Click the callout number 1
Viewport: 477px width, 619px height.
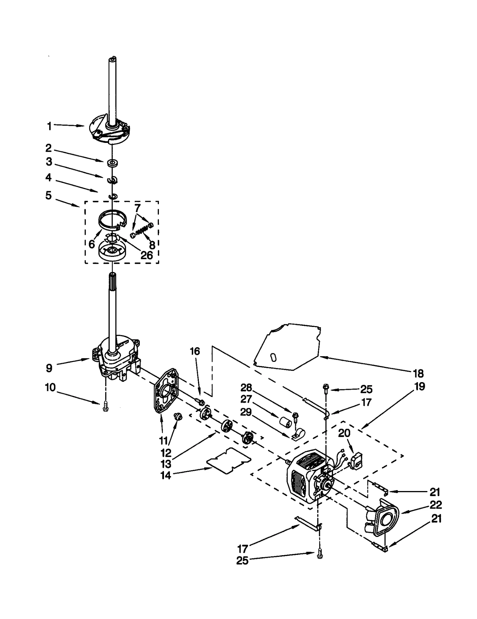pyautogui.click(x=49, y=126)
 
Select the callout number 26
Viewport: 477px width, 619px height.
pyautogui.click(x=146, y=255)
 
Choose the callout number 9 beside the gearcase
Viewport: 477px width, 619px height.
pyautogui.click(x=49, y=368)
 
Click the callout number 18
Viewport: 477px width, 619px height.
pyautogui.click(x=418, y=373)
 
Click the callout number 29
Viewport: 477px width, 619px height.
pyautogui.click(x=246, y=412)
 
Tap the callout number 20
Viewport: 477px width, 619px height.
pyautogui.click(x=344, y=433)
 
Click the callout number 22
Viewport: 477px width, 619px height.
pyautogui.click(x=436, y=505)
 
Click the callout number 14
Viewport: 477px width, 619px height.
pyautogui.click(x=166, y=476)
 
